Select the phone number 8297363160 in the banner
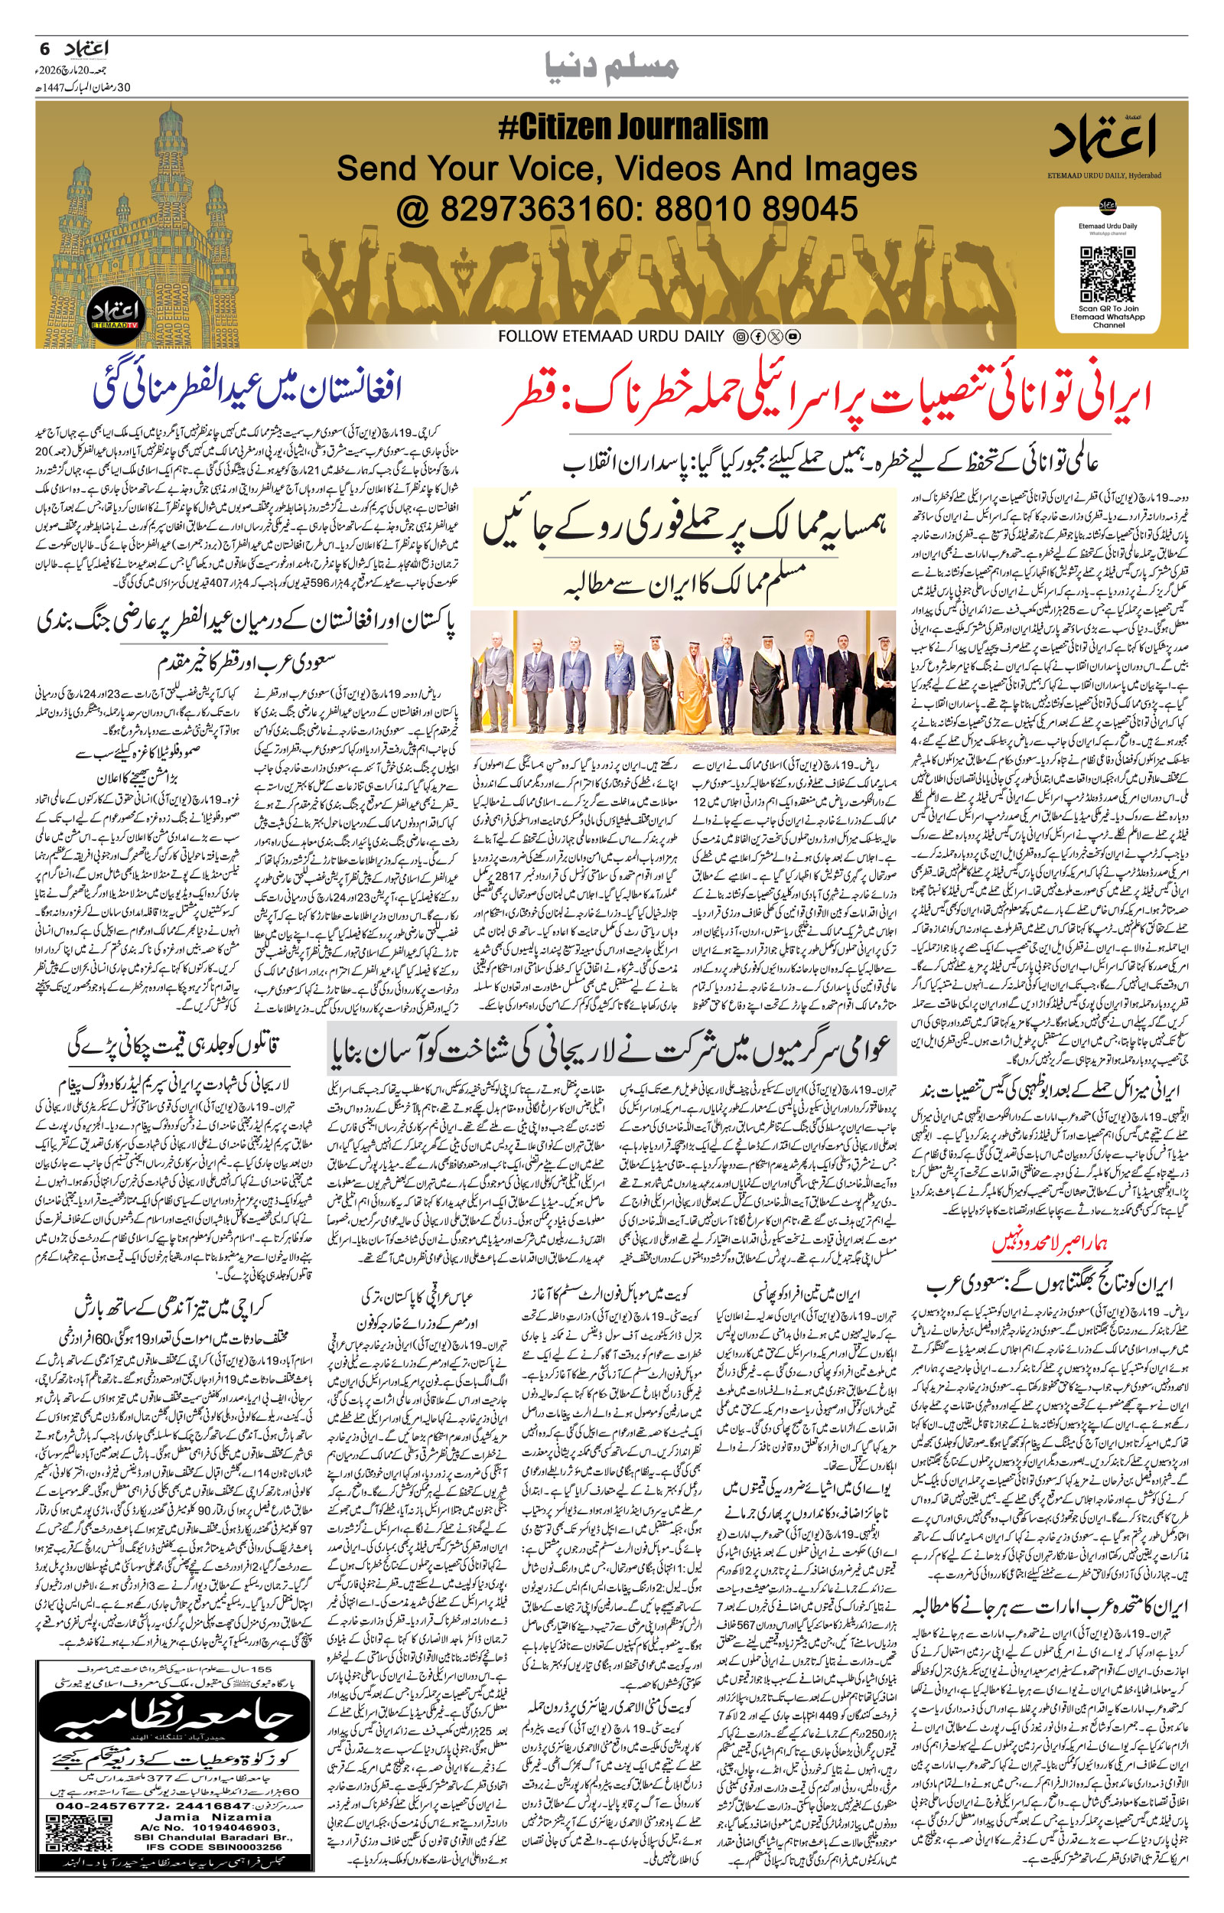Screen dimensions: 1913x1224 [517, 209]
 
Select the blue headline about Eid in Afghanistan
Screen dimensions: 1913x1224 [247, 390]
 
